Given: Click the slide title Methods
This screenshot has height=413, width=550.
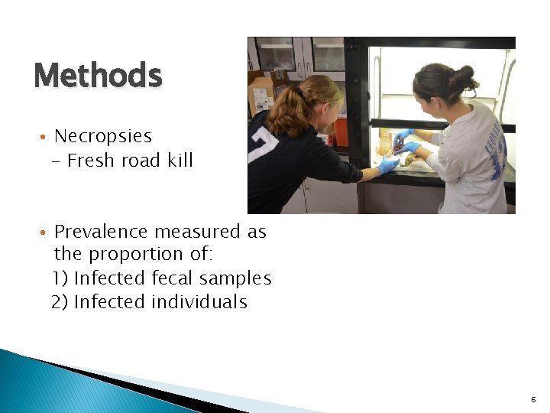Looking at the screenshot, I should pyautogui.click(x=98, y=76).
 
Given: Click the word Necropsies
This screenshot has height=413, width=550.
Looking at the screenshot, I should pyautogui.click(x=103, y=137).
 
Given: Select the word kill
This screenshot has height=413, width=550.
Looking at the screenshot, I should pyautogui.click(x=176, y=161).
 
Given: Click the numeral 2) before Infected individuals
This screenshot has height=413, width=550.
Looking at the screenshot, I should pyautogui.click(x=60, y=302).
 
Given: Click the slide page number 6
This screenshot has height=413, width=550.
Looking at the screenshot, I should pyautogui.click(x=532, y=399).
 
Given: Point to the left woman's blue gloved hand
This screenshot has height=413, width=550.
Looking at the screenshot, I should pyautogui.click(x=389, y=164).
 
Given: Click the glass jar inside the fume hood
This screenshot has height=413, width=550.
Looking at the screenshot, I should pyautogui.click(x=385, y=143).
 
